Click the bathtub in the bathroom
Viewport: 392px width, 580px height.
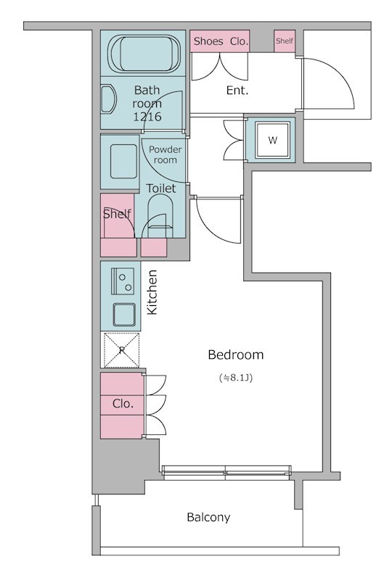click(146, 53)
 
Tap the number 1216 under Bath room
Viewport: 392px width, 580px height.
click(147, 117)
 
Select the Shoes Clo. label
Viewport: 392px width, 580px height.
click(221, 41)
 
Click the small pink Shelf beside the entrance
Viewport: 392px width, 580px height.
click(285, 41)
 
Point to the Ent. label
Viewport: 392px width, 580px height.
click(237, 90)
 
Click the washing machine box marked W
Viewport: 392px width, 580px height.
click(273, 141)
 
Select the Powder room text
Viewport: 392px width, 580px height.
click(166, 154)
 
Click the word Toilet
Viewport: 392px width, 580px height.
click(161, 188)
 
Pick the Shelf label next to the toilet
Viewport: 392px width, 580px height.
click(117, 214)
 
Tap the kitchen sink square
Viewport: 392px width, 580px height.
click(124, 315)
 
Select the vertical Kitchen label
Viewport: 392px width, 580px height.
click(152, 292)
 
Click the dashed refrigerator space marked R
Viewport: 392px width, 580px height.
click(121, 350)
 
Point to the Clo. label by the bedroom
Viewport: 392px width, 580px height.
click(123, 403)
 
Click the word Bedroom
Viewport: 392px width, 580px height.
click(236, 355)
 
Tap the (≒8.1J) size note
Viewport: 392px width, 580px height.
click(236, 378)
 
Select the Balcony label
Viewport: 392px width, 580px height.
click(208, 517)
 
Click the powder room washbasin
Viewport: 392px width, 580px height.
click(123, 162)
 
